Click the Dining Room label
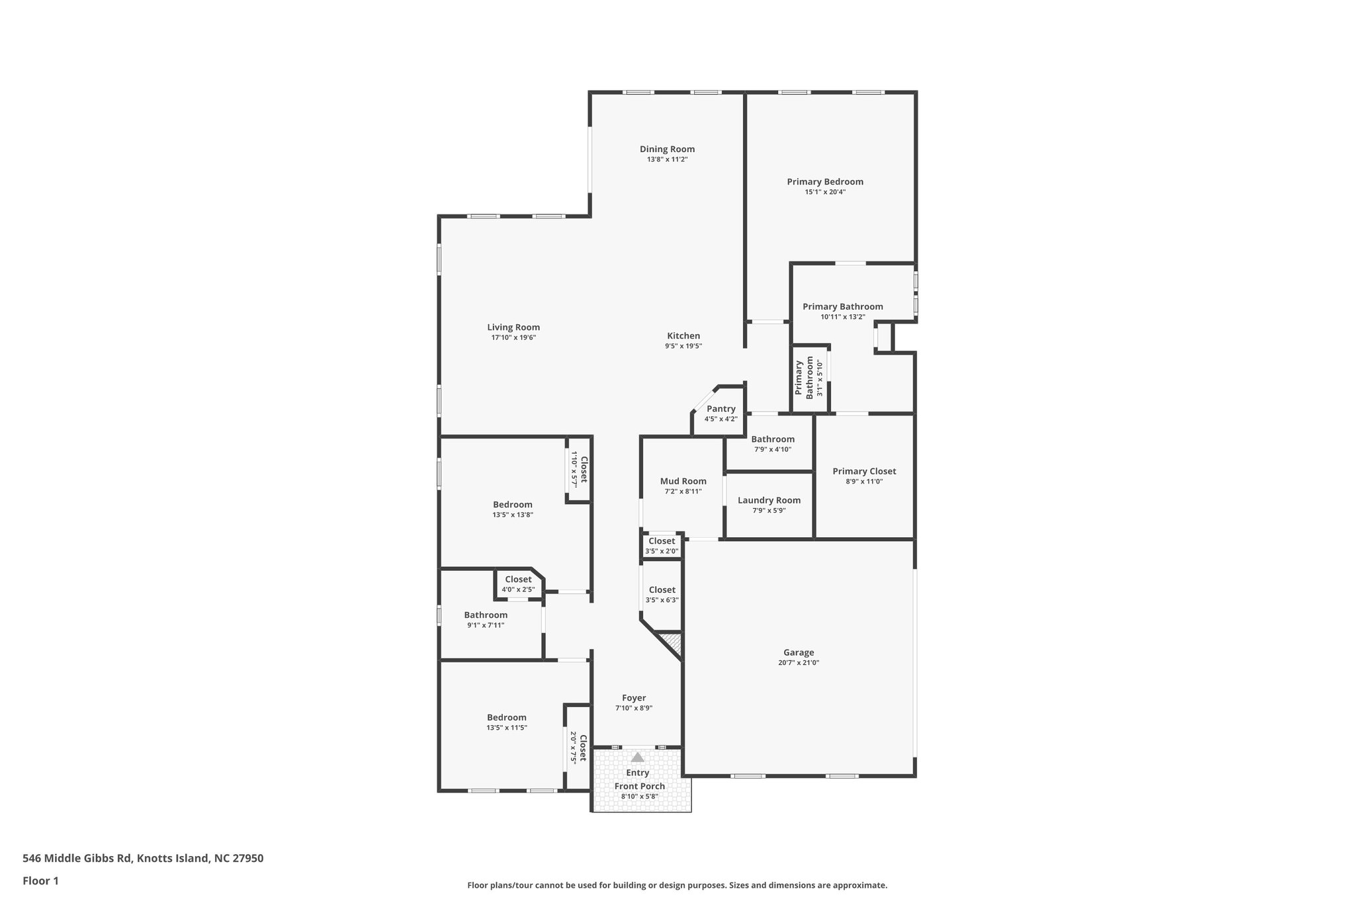point(667,149)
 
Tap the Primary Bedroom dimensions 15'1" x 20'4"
point(825,192)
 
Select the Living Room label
point(513,327)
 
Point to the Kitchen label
point(683,335)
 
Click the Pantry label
point(721,409)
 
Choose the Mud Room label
point(683,481)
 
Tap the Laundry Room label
point(769,500)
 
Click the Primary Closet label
point(864,471)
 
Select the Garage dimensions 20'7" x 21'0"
point(799,662)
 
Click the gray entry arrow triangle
point(637,757)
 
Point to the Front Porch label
point(639,786)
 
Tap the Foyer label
point(634,697)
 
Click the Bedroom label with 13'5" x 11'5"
point(507,717)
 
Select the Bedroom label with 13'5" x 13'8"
point(512,504)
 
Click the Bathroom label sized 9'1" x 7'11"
point(486,615)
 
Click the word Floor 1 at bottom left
point(40,881)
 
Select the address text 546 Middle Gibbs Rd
point(77,858)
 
